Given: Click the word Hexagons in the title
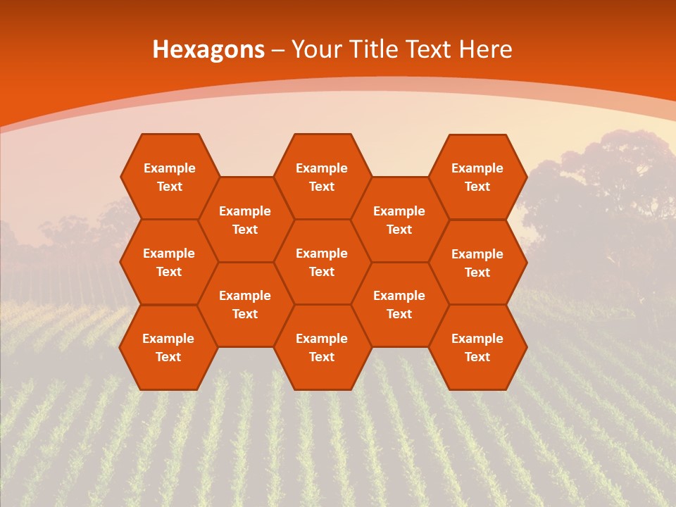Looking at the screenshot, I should [x=208, y=49].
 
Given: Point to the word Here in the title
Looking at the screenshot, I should [x=485, y=49].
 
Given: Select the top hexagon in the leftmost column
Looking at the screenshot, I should [x=169, y=177].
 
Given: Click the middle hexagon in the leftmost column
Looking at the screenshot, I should [x=169, y=262].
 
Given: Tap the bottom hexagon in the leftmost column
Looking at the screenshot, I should [x=168, y=347].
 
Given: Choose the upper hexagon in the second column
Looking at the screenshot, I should [x=245, y=220].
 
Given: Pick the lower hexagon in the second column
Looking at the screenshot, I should [x=245, y=304].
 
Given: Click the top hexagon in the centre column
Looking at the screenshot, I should [x=322, y=177].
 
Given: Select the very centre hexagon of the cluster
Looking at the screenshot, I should [x=322, y=262].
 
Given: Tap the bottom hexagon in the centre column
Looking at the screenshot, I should [x=322, y=347].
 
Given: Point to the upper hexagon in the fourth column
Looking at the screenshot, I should [x=399, y=220].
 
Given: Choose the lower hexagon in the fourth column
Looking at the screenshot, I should [x=399, y=304].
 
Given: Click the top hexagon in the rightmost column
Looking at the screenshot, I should [x=477, y=177].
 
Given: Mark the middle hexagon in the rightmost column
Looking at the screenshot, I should [x=477, y=263].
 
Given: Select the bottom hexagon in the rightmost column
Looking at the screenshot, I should [x=477, y=347].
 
